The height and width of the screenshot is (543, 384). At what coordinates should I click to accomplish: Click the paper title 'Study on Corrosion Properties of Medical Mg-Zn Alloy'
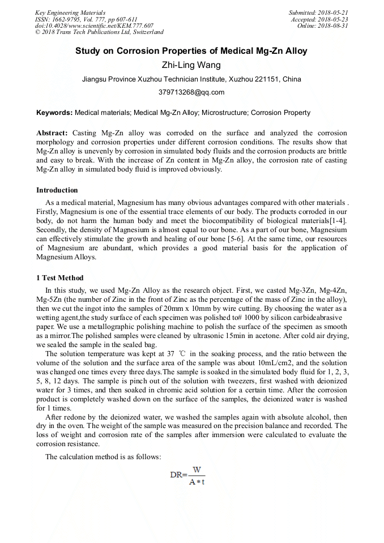191,51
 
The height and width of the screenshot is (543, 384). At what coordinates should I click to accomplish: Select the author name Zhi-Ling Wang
191,65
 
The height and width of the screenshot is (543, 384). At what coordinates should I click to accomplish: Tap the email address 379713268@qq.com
191,92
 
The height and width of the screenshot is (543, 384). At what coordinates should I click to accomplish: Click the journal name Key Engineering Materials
70,12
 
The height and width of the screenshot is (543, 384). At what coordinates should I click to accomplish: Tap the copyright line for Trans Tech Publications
99,32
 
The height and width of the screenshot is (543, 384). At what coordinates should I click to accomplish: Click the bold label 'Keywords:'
54,113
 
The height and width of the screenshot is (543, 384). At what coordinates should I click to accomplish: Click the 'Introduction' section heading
57,190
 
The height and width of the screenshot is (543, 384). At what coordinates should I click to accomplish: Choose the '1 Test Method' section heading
59,278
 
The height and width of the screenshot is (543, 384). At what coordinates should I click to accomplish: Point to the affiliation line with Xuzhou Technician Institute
191,79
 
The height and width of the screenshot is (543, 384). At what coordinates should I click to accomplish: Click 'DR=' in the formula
180,475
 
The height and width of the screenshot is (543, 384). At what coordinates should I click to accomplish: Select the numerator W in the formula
197,469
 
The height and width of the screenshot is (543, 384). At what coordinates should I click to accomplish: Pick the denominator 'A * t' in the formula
197,482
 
